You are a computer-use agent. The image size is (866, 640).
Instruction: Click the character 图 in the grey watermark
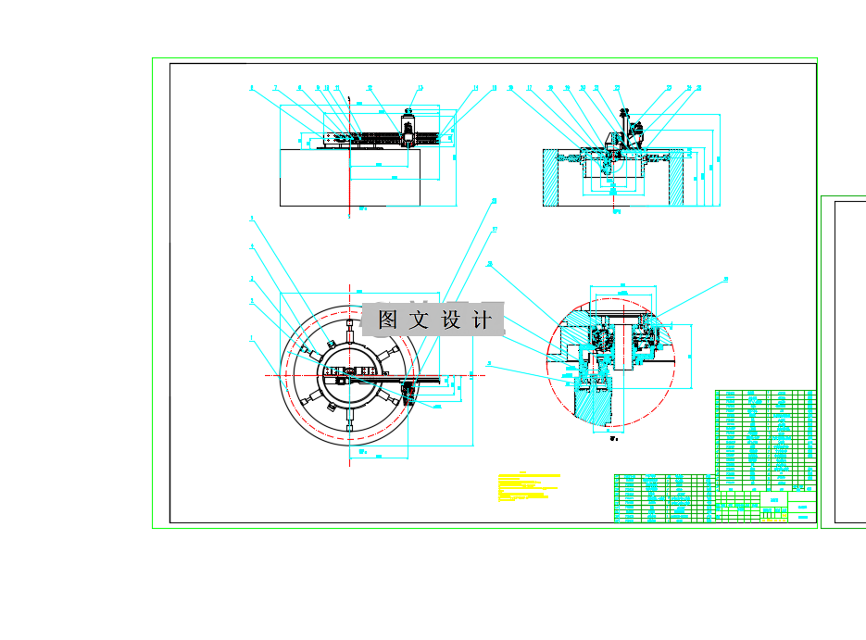[388, 320]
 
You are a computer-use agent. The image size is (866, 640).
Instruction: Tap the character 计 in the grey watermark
[483, 320]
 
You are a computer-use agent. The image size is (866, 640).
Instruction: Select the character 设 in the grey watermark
[451, 320]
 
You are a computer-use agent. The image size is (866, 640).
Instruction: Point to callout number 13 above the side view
[420, 89]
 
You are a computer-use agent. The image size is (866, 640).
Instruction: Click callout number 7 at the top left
[275, 89]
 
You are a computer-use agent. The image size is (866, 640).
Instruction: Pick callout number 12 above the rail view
[370, 89]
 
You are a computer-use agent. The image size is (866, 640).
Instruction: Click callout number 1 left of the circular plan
[251, 339]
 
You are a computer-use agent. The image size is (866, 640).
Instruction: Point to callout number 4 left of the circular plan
[251, 247]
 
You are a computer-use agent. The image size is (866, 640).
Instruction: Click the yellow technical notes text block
[529, 487]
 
